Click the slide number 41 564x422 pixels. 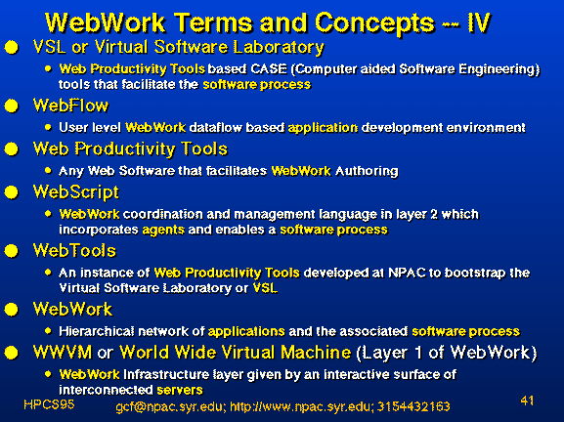(x=527, y=401)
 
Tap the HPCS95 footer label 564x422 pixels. (x=49, y=404)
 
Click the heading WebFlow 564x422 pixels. (x=70, y=105)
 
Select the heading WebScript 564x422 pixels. (x=76, y=192)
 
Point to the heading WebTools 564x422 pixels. (x=74, y=250)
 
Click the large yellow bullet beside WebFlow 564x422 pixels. (x=12, y=106)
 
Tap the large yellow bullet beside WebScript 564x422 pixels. (x=12, y=192)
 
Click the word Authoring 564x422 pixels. (x=367, y=172)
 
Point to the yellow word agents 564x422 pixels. (x=163, y=231)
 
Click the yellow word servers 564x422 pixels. (x=180, y=390)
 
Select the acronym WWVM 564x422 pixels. (x=63, y=353)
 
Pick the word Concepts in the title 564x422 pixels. (x=374, y=24)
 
